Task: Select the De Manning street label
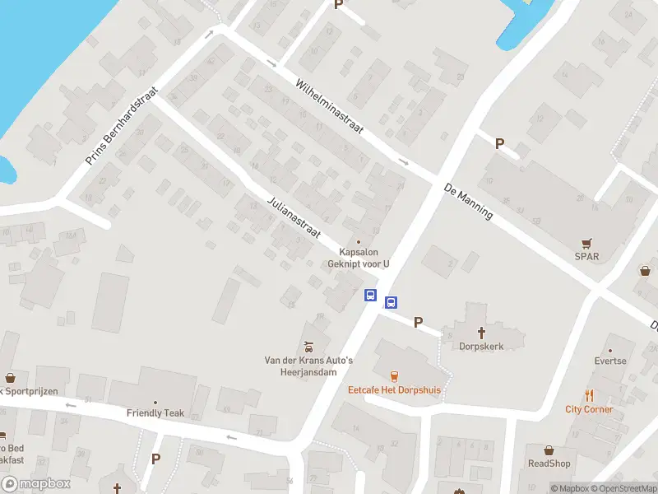(x=468, y=200)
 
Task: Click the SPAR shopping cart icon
(x=586, y=243)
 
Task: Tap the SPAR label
(x=586, y=256)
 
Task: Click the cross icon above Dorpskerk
(x=481, y=333)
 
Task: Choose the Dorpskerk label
(x=481, y=347)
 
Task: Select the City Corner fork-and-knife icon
(x=589, y=395)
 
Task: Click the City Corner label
(x=589, y=409)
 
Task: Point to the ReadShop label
(x=549, y=464)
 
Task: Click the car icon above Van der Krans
(x=308, y=347)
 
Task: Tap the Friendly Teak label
(x=155, y=413)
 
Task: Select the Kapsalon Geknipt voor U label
(x=359, y=258)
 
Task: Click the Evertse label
(x=610, y=361)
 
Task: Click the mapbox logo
(x=35, y=484)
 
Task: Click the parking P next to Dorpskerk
(x=418, y=323)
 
